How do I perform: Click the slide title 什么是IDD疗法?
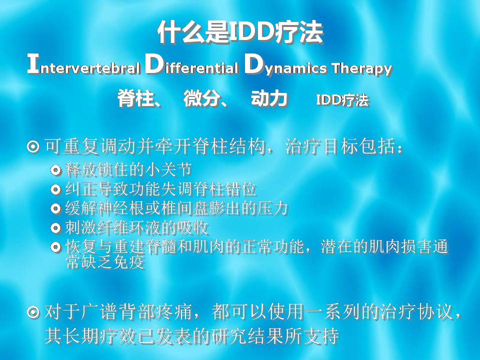point(240,32)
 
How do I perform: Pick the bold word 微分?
point(201,98)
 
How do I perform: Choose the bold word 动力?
point(269,98)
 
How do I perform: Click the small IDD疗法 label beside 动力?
point(342,100)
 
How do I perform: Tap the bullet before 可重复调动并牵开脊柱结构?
point(33,147)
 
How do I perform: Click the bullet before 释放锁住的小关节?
point(55,170)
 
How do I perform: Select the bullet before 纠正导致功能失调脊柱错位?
point(55,189)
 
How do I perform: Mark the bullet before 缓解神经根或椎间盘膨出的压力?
point(55,209)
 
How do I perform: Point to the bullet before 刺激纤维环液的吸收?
point(55,228)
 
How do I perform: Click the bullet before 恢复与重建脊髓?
point(55,246)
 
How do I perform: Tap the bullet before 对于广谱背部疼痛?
point(33,312)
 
